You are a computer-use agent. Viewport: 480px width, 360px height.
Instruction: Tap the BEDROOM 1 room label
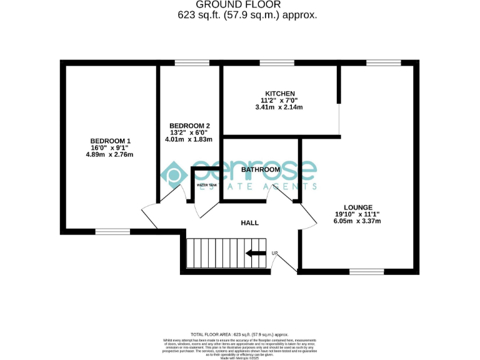pos(110,141)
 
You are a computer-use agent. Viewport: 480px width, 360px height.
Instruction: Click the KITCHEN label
pos(279,94)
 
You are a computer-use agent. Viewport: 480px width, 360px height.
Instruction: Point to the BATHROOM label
pos(261,169)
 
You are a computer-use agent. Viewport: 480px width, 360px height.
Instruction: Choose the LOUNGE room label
pos(358,207)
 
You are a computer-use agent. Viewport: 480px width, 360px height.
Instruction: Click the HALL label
pos(250,222)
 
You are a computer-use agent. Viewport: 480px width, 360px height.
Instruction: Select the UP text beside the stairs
pos(274,253)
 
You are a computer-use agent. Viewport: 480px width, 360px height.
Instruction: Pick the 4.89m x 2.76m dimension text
pos(110,154)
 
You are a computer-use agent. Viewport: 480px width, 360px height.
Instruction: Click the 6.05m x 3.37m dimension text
pos(358,221)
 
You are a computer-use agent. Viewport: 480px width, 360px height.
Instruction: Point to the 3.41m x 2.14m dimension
pos(279,107)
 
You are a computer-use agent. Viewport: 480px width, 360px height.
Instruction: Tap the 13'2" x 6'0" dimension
pos(189,132)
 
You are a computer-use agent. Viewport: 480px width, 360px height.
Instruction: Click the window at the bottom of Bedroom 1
pos(112,231)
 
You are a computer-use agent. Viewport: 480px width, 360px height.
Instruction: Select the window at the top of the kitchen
pos(277,62)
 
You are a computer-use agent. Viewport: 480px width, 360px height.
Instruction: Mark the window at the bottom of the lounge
pos(366,272)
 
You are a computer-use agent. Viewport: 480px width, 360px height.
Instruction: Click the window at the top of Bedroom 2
pos(192,62)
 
